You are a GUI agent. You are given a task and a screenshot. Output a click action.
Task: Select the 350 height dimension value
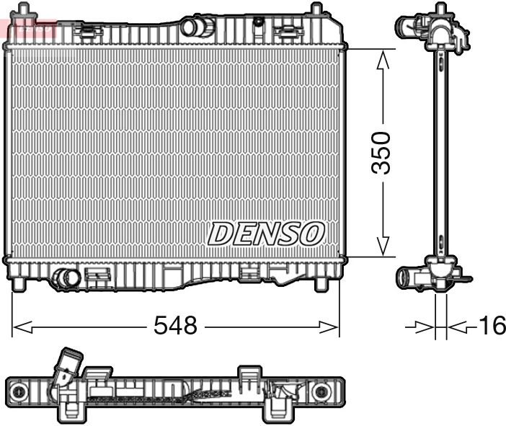(x=381, y=152)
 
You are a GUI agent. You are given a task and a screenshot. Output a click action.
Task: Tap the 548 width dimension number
(x=175, y=326)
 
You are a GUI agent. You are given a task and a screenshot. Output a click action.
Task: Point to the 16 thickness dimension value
(x=492, y=326)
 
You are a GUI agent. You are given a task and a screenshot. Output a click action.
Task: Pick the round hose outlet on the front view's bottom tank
(x=66, y=278)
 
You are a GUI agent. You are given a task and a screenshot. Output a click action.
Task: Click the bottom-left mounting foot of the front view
(x=19, y=284)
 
